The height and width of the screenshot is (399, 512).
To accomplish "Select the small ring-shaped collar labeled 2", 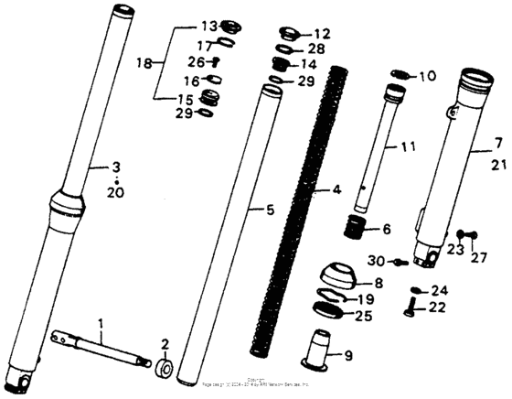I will (x=166, y=368).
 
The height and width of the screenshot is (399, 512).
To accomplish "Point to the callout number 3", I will (x=116, y=167).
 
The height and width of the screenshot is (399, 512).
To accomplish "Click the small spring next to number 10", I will (x=401, y=75).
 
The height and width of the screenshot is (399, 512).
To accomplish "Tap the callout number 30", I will (x=378, y=261).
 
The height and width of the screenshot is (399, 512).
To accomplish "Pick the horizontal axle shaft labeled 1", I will (x=101, y=349).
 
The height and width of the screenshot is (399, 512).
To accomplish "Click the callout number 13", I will (x=208, y=25).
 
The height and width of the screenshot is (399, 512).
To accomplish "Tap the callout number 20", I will (x=116, y=193).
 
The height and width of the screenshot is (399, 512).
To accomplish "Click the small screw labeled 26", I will (x=217, y=63).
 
